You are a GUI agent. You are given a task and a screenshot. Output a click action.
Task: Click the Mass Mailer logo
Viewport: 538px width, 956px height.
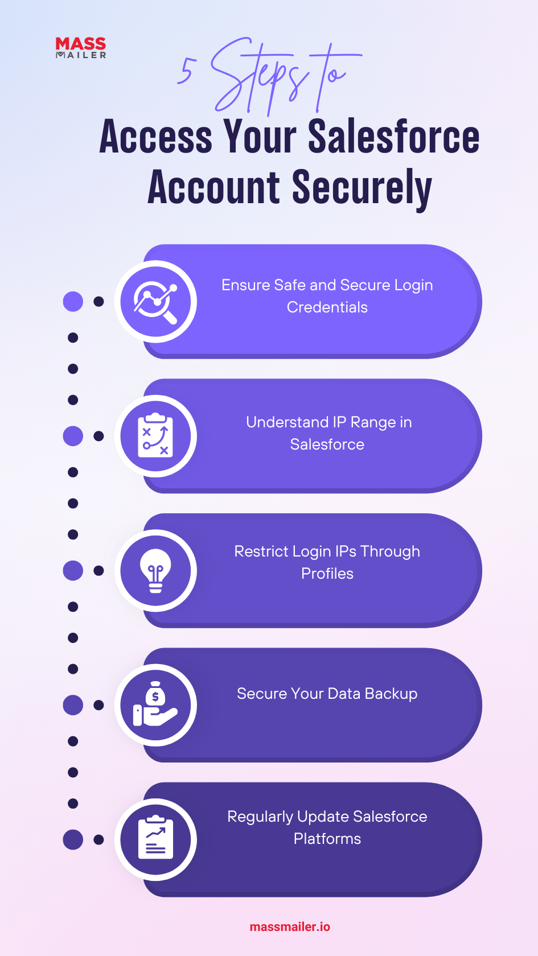(x=81, y=47)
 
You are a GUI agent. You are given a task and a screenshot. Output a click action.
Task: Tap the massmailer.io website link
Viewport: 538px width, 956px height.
(x=290, y=926)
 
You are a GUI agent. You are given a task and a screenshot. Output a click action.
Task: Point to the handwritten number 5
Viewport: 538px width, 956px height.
(x=186, y=71)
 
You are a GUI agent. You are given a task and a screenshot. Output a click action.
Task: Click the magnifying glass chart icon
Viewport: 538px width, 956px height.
(x=155, y=302)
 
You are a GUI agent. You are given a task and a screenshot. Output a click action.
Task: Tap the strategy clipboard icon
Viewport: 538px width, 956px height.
(x=155, y=436)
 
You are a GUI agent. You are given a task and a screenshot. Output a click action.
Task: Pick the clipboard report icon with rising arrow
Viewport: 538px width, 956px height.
(x=155, y=837)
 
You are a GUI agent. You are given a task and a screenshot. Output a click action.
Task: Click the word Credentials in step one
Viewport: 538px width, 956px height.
(x=327, y=307)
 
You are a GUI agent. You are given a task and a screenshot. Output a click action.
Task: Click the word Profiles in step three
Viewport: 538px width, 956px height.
(x=327, y=574)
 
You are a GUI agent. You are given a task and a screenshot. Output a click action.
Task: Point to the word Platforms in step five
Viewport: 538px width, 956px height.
(x=327, y=839)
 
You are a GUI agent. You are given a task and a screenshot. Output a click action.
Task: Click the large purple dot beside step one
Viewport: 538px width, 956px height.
(x=73, y=302)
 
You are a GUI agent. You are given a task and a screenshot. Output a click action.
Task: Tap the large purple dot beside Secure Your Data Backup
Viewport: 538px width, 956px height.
(x=73, y=705)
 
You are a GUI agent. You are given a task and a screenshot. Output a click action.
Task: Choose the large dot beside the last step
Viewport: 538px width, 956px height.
(x=73, y=839)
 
